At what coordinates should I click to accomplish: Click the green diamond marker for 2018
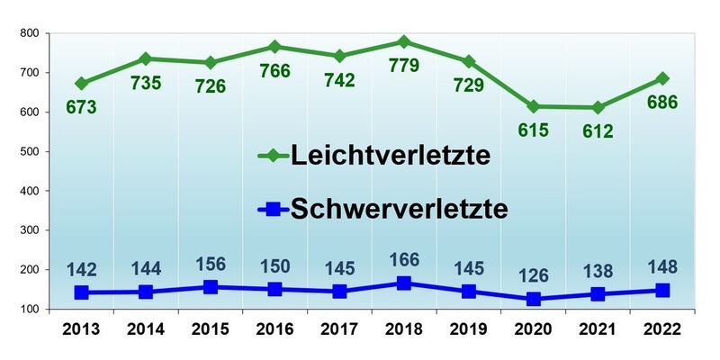(403, 41)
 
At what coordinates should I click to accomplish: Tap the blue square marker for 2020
(533, 299)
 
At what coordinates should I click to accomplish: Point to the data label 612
(597, 131)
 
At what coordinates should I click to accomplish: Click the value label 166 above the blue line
(404, 260)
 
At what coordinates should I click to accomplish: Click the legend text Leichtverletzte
(390, 156)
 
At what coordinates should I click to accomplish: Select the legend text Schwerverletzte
(400, 209)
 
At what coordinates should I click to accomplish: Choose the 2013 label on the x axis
(82, 329)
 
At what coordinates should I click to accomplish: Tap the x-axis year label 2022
(661, 329)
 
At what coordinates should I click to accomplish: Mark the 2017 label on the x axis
(339, 329)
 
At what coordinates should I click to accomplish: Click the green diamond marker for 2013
(82, 83)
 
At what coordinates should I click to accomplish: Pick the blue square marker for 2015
(211, 287)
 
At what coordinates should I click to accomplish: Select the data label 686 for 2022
(661, 102)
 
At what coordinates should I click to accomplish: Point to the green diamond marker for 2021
(597, 107)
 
